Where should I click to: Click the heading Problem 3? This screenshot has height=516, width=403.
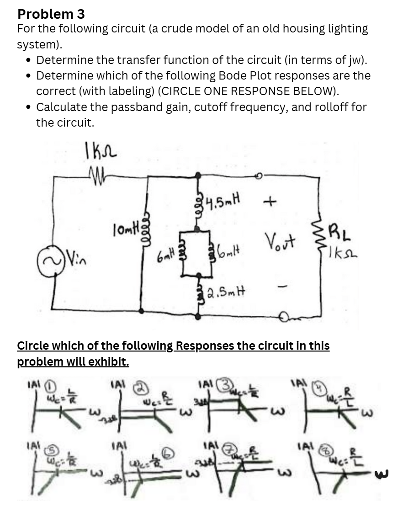pyautogui.click(x=51, y=14)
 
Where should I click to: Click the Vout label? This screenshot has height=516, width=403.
pyautogui.click(x=279, y=239)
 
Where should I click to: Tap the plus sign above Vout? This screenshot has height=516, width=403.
pyautogui.click(x=271, y=201)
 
